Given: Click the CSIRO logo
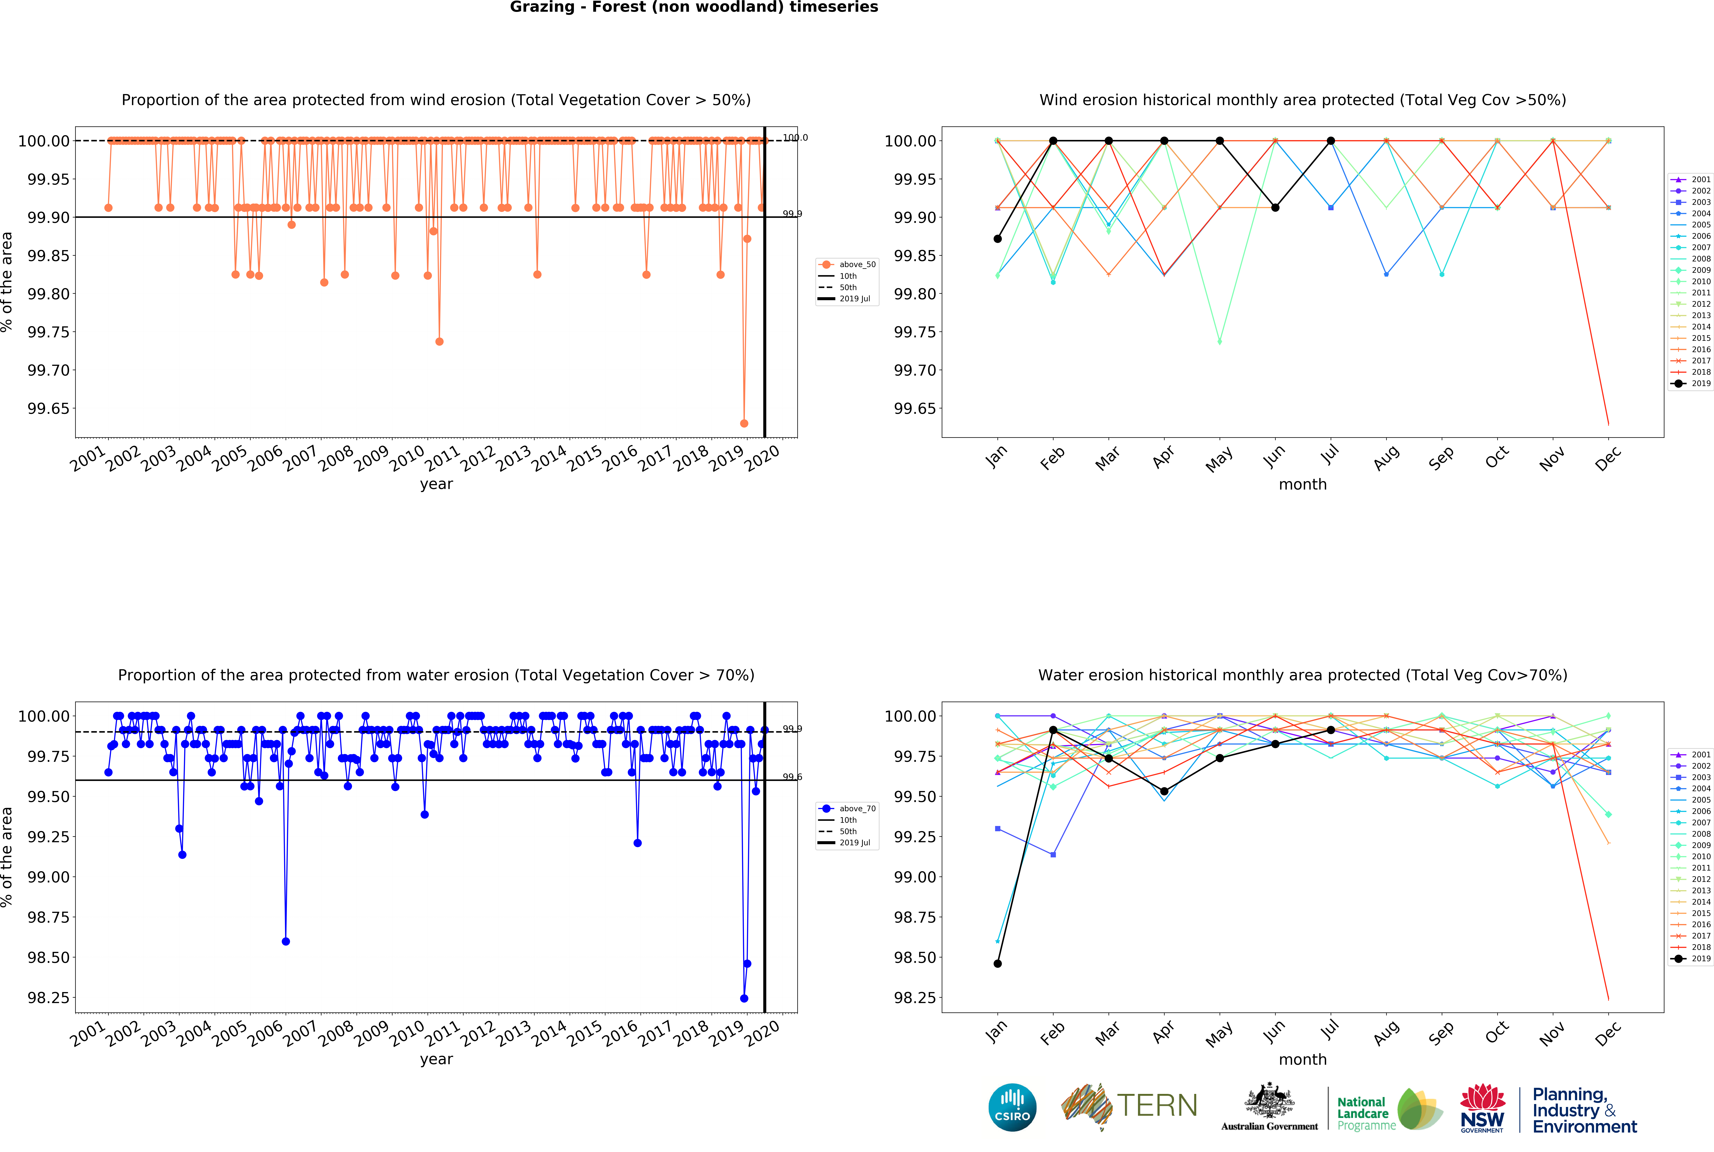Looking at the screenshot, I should (x=1012, y=1107).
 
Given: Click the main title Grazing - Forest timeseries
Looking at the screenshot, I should (x=693, y=7).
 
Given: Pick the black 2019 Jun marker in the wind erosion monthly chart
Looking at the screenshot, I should (x=1275, y=208).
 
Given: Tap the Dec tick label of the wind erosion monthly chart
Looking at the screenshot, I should (x=1607, y=459).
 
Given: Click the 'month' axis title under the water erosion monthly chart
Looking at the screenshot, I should (x=1303, y=1060).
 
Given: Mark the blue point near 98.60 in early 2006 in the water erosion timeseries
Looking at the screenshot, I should (x=286, y=941).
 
